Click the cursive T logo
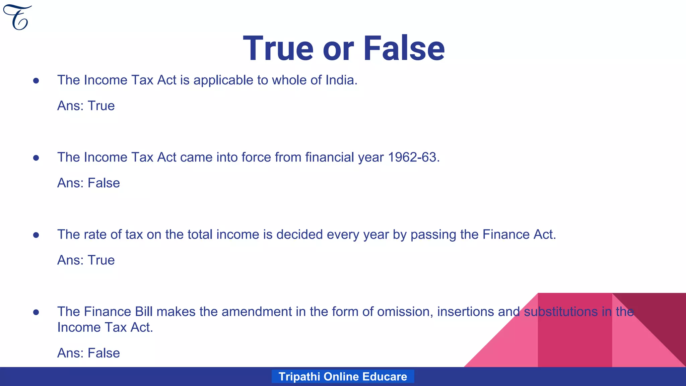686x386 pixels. pyautogui.click(x=17, y=17)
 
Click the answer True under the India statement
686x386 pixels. pyautogui.click(x=101, y=106)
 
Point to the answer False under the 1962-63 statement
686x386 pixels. pyautogui.click(x=104, y=183)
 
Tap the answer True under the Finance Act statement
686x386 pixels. pyautogui.click(x=101, y=260)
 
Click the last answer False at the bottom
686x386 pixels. pyautogui.click(x=104, y=353)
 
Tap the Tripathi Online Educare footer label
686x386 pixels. pyautogui.click(x=343, y=376)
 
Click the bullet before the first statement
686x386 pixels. pyautogui.click(x=36, y=81)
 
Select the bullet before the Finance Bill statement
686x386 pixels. pyautogui.click(x=36, y=312)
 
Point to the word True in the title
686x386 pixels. pyautogui.click(x=278, y=49)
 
